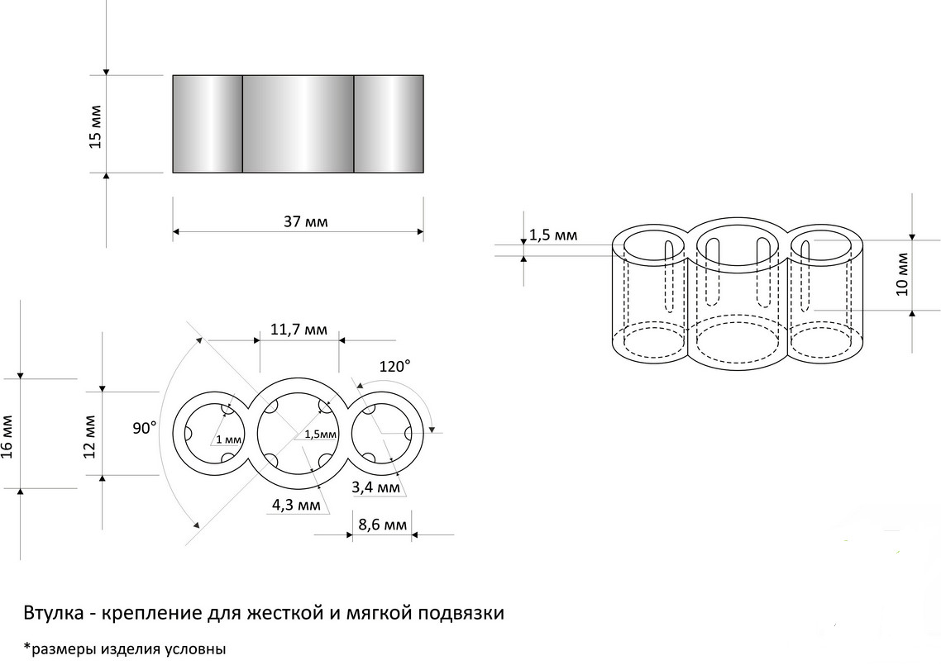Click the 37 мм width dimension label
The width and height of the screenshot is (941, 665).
pyautogui.click(x=306, y=221)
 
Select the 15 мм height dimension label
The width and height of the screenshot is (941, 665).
pyautogui.click(x=95, y=127)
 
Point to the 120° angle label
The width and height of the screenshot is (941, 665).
pyautogui.click(x=395, y=366)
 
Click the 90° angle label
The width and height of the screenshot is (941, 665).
pyautogui.click(x=145, y=428)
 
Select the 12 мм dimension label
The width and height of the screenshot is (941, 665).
pyautogui.click(x=89, y=436)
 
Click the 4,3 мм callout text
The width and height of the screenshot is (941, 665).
pyautogui.click(x=297, y=505)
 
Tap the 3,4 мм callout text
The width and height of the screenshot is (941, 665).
pyautogui.click(x=375, y=487)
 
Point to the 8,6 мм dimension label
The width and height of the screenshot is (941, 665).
pyautogui.click(x=382, y=525)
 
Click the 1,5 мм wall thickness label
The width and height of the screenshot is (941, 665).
pyautogui.click(x=553, y=235)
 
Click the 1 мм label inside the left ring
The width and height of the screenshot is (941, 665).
pyautogui.click(x=229, y=439)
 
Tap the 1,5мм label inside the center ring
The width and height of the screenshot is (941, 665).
pyautogui.click(x=321, y=435)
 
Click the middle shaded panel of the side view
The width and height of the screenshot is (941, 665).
pyautogui.click(x=299, y=124)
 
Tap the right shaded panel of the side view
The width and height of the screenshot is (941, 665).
pyautogui.click(x=389, y=124)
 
